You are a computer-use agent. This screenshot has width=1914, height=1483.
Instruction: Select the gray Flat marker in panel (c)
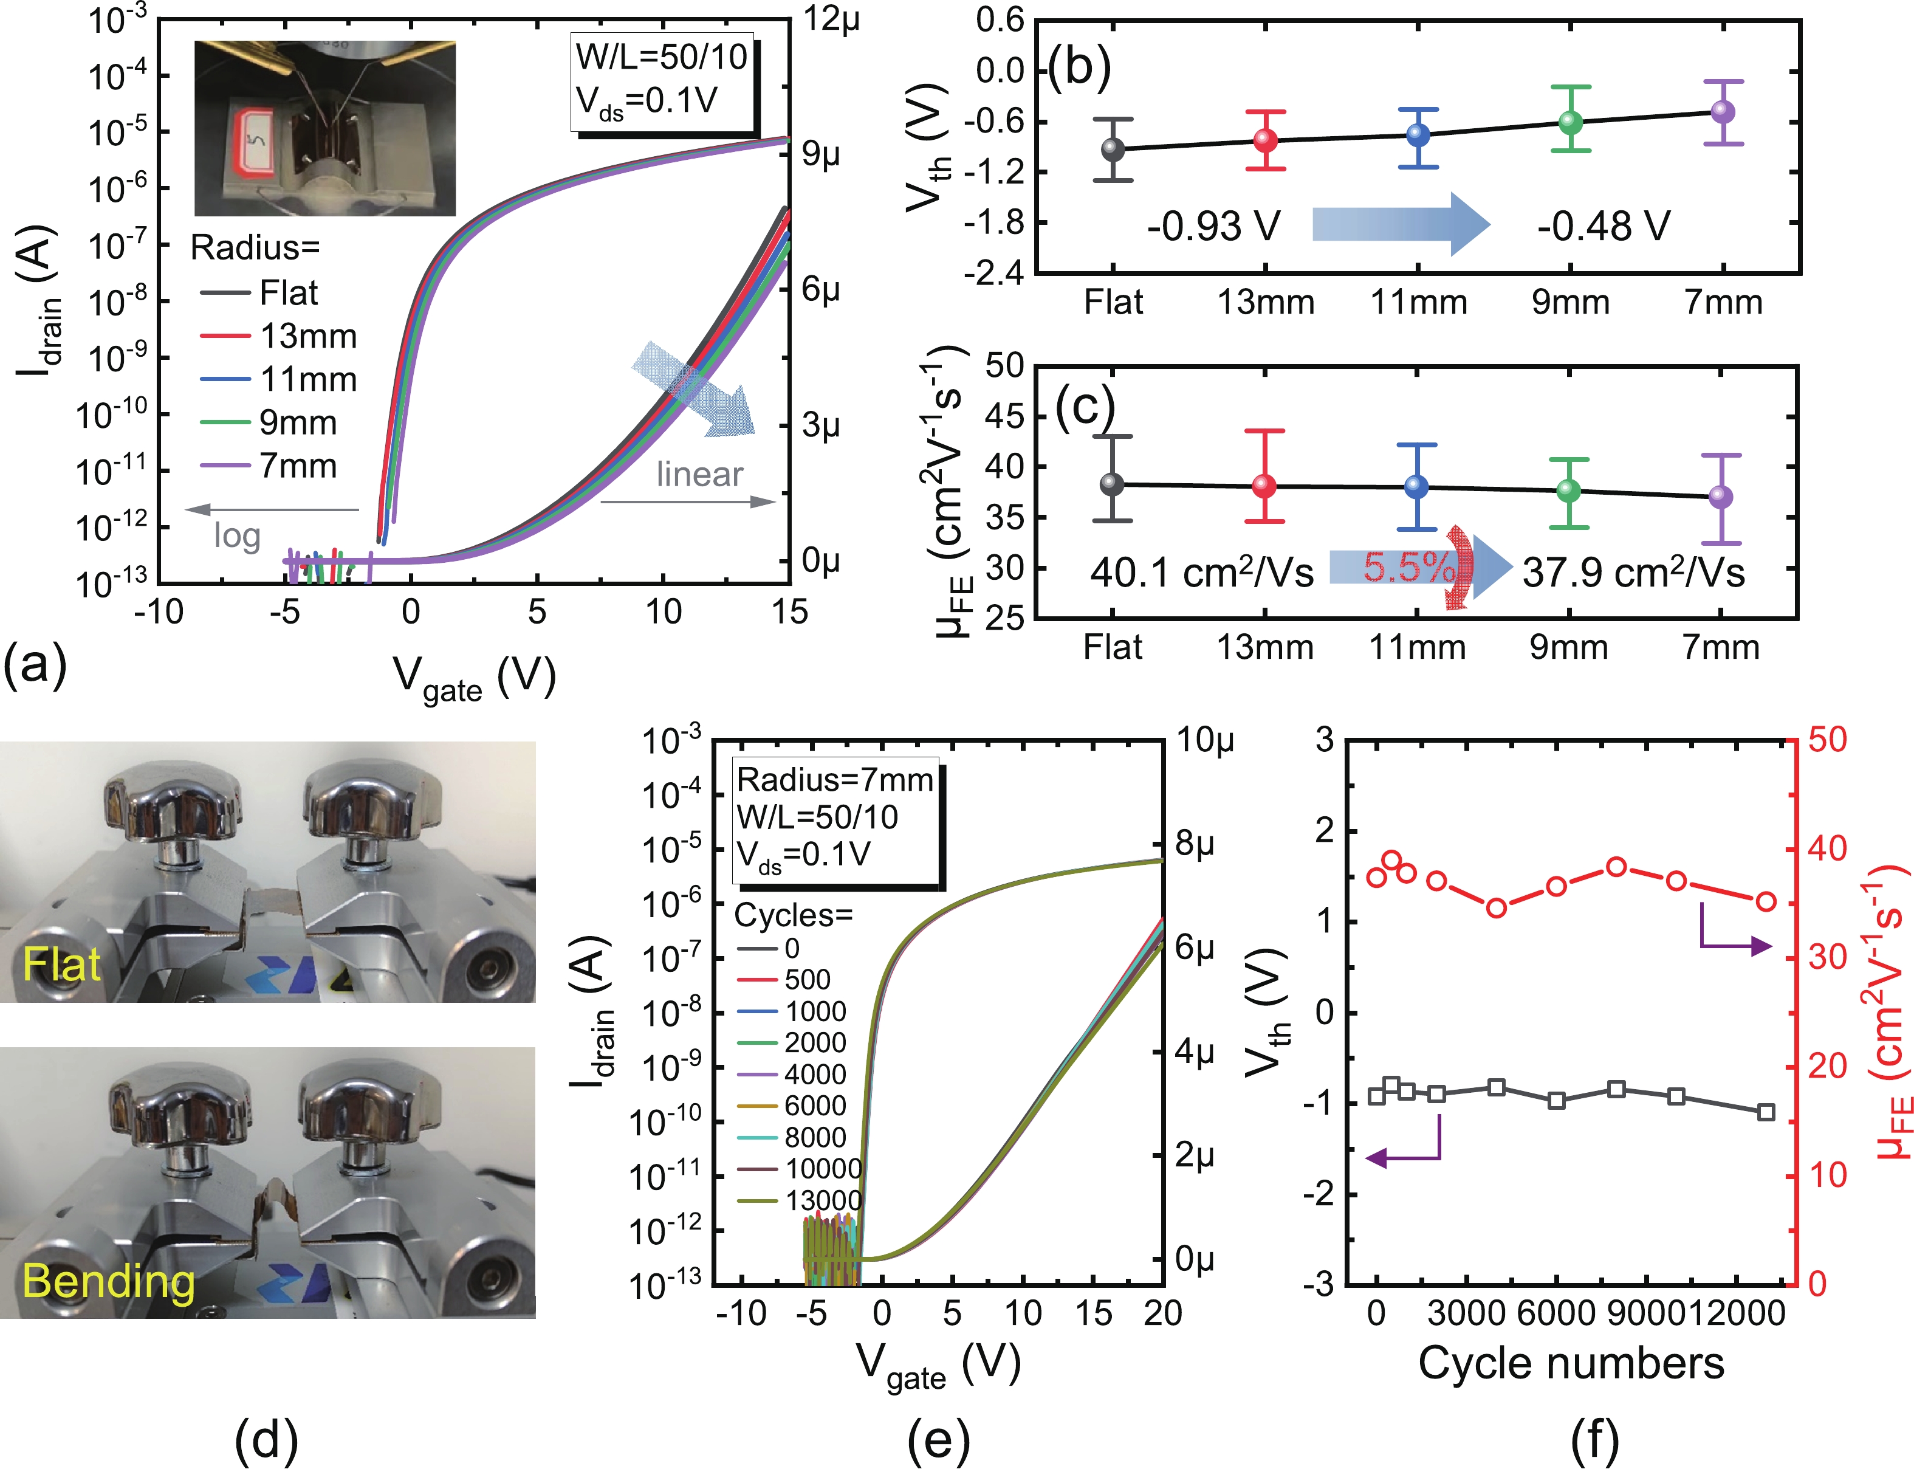tap(1112, 484)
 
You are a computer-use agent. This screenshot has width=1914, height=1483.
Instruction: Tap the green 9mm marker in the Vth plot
tap(1571, 122)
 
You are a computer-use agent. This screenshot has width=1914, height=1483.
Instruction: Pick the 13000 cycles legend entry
tap(823, 1200)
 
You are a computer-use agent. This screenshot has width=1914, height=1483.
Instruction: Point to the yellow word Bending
tap(109, 1281)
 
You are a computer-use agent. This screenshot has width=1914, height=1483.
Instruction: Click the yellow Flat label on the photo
tap(61, 964)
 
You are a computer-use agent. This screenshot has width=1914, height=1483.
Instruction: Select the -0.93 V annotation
tap(1214, 226)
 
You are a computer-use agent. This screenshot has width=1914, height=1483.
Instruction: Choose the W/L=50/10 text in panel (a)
tap(662, 57)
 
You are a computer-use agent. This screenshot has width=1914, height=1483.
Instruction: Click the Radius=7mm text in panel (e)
tap(834, 779)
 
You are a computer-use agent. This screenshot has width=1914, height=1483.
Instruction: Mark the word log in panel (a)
tap(238, 535)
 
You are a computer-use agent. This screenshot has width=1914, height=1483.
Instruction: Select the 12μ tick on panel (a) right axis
tap(832, 18)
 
